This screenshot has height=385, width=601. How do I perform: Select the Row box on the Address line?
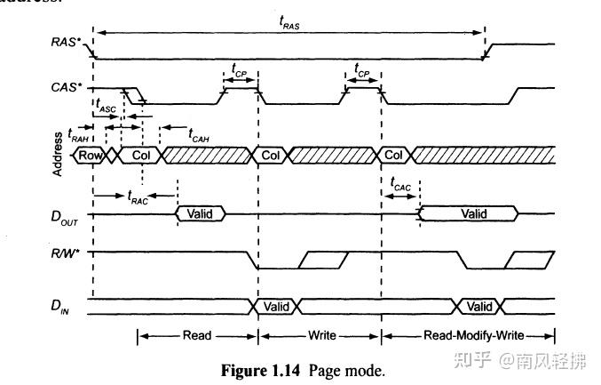[89, 155]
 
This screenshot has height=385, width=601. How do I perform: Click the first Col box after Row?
[140, 155]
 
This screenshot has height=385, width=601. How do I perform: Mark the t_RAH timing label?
[78, 135]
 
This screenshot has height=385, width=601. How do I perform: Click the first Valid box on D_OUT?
[201, 213]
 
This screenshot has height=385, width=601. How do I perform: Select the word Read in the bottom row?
[196, 336]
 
